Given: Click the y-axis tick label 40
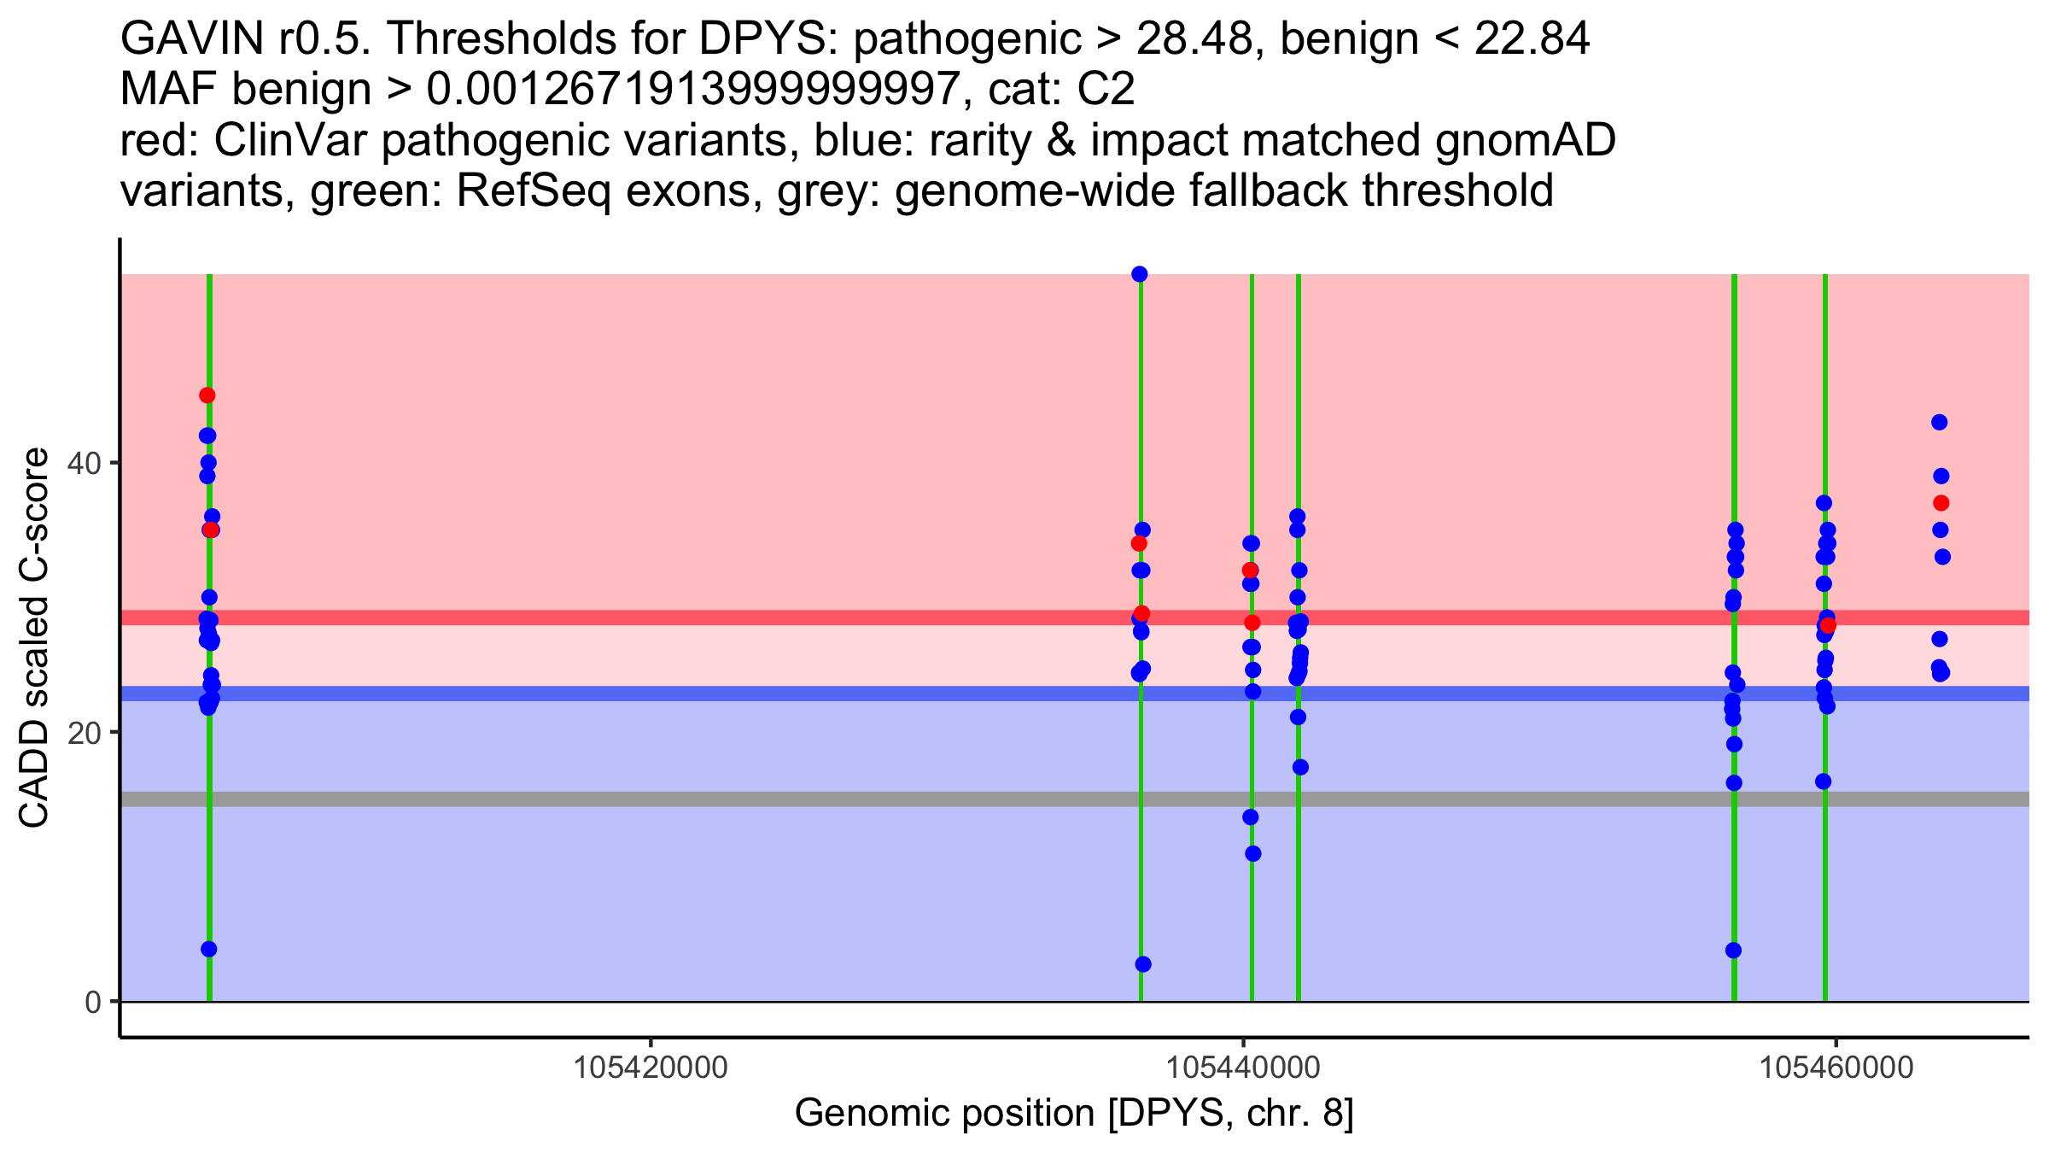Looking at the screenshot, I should [x=85, y=464].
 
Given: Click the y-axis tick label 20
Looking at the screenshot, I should [x=85, y=733].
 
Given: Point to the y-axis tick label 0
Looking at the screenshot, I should [x=93, y=1002].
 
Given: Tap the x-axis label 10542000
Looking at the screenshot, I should [x=651, y=1068].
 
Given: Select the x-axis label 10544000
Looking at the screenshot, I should [x=1243, y=1068].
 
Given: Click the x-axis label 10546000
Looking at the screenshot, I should [x=1836, y=1068].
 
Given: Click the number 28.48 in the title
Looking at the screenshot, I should [x=1196, y=38].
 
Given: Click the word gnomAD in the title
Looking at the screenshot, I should [x=1525, y=140].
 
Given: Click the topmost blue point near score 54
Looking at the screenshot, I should [x=1140, y=274].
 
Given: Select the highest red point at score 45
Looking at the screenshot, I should [x=207, y=395].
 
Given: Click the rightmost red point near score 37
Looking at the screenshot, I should [x=1941, y=503].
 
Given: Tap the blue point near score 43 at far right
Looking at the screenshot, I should [x=1940, y=422].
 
